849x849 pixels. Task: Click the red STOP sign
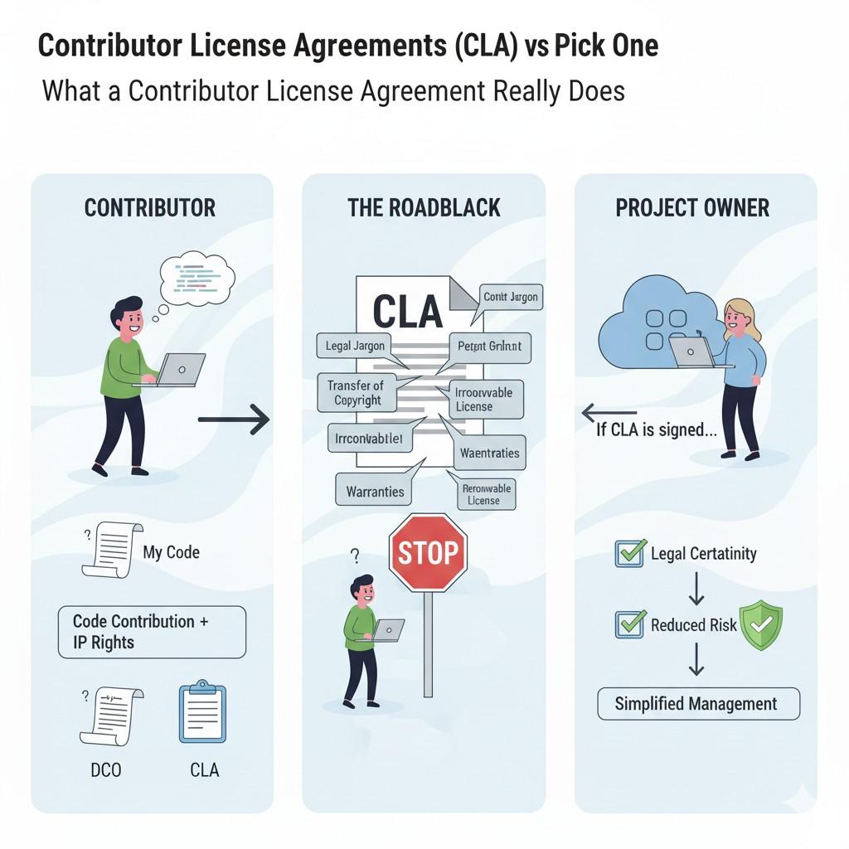click(x=428, y=552)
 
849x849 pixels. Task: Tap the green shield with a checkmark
click(x=760, y=625)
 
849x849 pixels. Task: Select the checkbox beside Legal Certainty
click(x=629, y=553)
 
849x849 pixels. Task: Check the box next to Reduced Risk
click(x=629, y=624)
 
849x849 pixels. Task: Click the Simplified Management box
click(x=698, y=704)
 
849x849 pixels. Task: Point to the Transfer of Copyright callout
click(x=356, y=393)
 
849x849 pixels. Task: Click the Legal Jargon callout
click(x=350, y=346)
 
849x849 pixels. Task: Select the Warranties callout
click(x=374, y=491)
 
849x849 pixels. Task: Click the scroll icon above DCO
click(x=111, y=716)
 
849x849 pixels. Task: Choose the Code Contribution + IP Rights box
click(x=152, y=632)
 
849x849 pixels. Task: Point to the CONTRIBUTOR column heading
click(x=150, y=207)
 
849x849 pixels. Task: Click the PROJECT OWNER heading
click(x=692, y=207)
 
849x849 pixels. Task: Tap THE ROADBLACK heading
click(x=424, y=207)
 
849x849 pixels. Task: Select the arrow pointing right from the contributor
click(x=234, y=420)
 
